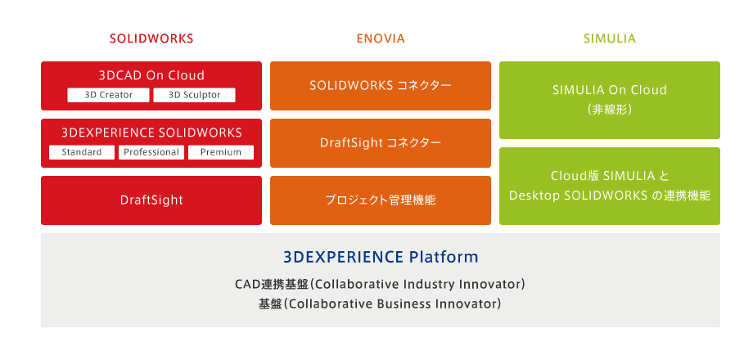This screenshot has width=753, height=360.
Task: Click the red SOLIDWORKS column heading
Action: pyautogui.click(x=151, y=38)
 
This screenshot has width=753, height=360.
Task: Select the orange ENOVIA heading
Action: pyautogui.click(x=381, y=38)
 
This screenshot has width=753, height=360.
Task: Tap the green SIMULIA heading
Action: pyautogui.click(x=610, y=38)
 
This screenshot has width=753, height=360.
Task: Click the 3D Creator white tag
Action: pyautogui.click(x=109, y=95)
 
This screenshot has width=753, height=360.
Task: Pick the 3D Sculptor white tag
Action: pyautogui.click(x=195, y=95)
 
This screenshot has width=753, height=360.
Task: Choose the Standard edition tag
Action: pyautogui.click(x=82, y=152)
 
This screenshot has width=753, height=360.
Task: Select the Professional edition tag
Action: pyautogui.click(x=151, y=152)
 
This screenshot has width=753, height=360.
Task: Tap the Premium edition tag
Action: pyautogui.click(x=221, y=152)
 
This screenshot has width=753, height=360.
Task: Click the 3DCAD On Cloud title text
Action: pyautogui.click(x=151, y=75)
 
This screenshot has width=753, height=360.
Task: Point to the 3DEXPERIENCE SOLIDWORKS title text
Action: pyautogui.click(x=151, y=133)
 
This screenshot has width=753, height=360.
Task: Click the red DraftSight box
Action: pyautogui.click(x=151, y=200)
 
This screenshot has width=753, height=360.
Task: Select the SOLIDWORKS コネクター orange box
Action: pyautogui.click(x=381, y=85)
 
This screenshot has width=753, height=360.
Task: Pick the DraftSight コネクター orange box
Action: pyautogui.click(x=381, y=143)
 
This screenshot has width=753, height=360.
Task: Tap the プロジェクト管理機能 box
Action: pyautogui.click(x=381, y=200)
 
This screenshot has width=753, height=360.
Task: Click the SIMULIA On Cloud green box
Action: pyautogui.click(x=610, y=100)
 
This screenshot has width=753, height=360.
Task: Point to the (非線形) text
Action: pyautogui.click(x=610, y=110)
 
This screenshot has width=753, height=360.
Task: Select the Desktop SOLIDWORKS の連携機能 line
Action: pyautogui.click(x=610, y=196)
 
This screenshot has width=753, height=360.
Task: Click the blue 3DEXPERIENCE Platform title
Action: pyautogui.click(x=381, y=257)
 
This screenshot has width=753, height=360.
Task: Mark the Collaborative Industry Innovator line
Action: pyautogui.click(x=380, y=285)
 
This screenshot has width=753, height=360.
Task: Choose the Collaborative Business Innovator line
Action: pyautogui.click(x=380, y=304)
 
